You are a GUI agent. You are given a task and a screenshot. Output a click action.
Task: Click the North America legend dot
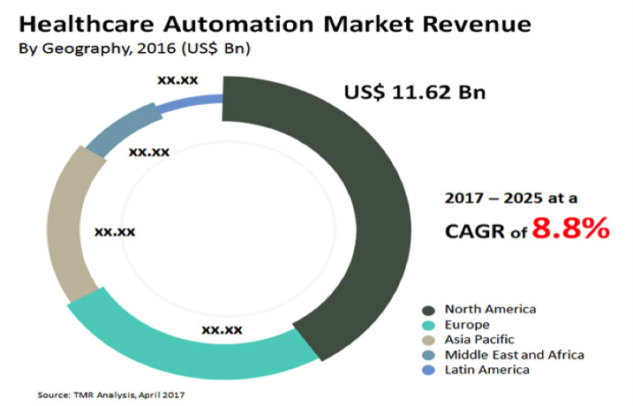429,310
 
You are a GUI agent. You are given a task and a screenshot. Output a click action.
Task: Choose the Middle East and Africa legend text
514,355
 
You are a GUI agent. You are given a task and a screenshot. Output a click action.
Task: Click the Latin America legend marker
429,370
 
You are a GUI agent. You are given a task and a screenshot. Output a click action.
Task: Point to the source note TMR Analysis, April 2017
111,394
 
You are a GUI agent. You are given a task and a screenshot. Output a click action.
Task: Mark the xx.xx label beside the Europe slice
222,329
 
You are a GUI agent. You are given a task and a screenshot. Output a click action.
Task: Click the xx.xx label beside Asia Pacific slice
115,231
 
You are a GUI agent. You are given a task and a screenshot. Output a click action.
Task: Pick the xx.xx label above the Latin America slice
177,79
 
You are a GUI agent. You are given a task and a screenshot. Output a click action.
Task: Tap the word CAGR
481,232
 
